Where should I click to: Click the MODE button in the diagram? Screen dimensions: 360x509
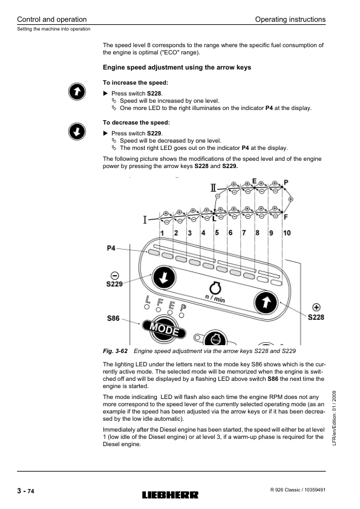coord(164,328)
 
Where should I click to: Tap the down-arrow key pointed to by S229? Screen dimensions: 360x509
coord(164,277)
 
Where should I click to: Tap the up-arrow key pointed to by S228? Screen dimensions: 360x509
coord(266,302)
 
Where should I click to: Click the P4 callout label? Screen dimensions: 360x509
coord(111,248)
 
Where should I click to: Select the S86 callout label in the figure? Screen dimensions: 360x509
coord(113,319)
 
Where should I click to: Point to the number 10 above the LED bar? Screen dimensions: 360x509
coord(287,233)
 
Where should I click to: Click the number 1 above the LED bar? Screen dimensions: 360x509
coord(162,233)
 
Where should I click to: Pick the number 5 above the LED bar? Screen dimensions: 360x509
coord(217,232)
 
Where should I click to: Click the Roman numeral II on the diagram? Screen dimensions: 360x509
coord(213,187)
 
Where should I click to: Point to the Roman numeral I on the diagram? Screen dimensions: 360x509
coord(145,220)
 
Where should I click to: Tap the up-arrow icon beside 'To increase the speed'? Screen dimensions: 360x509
coord(77,91)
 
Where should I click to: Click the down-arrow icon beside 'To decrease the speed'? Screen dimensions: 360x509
coord(77,131)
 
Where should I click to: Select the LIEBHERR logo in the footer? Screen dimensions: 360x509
coord(170,494)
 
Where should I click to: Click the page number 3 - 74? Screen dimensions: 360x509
coord(25,491)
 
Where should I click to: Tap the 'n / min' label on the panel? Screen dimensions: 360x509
coord(215,297)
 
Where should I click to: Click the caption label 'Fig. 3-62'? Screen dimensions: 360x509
coord(115,351)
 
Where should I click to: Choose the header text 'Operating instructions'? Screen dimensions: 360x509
coord(290,19)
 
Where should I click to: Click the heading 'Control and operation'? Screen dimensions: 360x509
coord(51,19)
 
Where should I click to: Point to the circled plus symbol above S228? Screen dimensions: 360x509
coord(316,307)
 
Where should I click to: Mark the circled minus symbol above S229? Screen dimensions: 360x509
coord(115,276)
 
